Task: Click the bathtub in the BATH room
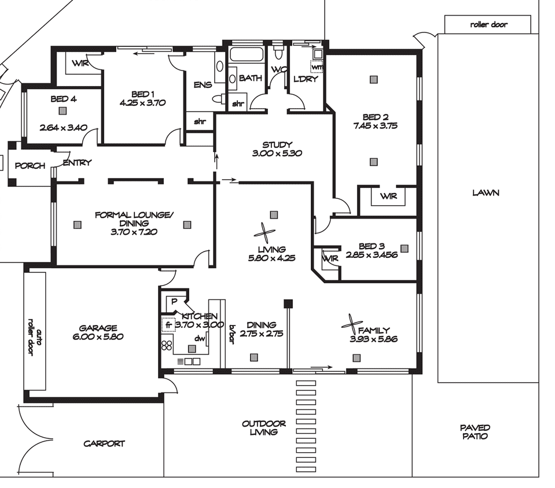(247, 54)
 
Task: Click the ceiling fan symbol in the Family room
(352, 324)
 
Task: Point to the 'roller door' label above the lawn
(488, 24)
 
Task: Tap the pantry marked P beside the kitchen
(174, 302)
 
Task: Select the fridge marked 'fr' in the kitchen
(168, 324)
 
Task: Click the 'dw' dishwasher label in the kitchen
(200, 338)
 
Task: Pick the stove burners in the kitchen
(167, 345)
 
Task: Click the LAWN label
(486, 193)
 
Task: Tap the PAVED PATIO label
(475, 432)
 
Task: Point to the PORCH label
(30, 165)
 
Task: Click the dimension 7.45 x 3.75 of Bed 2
(375, 125)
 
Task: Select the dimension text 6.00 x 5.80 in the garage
(98, 337)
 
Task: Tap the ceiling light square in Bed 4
(63, 111)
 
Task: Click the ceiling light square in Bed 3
(404, 249)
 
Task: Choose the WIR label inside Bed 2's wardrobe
(389, 196)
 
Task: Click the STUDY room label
(277, 145)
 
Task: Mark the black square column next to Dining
(288, 304)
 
